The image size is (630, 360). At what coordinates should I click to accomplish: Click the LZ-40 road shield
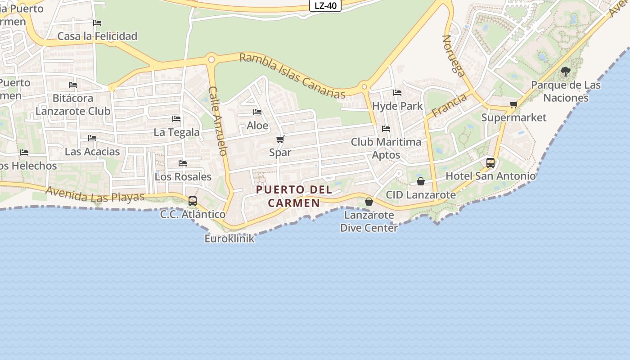(325, 5)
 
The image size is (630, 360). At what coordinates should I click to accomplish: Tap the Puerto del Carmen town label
(294, 196)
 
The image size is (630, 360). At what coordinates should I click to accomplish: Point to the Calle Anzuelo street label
(218, 121)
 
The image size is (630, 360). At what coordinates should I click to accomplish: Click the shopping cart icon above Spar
(280, 139)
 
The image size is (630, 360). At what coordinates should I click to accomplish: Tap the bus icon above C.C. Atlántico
(193, 201)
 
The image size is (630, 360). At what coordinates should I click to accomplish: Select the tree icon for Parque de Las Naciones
(566, 71)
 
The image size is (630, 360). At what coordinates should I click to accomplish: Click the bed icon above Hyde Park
(397, 93)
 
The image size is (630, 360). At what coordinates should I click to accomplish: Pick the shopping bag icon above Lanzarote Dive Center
(369, 202)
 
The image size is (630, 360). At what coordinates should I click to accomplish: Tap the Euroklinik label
(229, 238)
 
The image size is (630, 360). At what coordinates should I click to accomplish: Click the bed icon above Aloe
(257, 112)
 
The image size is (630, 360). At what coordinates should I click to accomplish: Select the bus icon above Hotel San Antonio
(490, 162)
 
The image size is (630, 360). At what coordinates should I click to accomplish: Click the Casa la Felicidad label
(97, 36)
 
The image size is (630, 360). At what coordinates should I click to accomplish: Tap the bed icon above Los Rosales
(183, 163)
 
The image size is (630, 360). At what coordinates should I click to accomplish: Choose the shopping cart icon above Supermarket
(513, 104)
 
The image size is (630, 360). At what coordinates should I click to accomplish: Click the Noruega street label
(453, 56)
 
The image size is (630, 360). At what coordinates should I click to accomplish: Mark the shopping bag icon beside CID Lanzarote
(421, 181)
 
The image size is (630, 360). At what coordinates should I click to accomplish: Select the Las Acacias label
(92, 152)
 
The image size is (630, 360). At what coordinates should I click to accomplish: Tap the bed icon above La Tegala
(176, 118)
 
